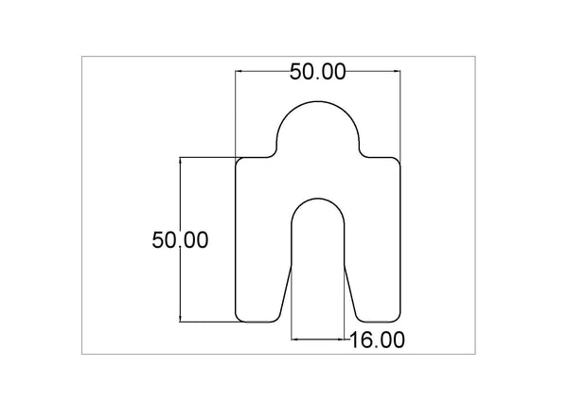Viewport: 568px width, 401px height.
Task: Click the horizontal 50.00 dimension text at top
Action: pos(317,72)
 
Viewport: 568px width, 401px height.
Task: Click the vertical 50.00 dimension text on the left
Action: pos(180,240)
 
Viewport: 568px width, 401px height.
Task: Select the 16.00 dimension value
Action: pos(378,340)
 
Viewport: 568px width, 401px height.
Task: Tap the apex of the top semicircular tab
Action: pos(317,101)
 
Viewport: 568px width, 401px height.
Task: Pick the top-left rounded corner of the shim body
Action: pos(239,161)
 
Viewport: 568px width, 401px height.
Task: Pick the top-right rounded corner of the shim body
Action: pos(397,161)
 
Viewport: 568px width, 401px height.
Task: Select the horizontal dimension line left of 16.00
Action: pos(317,337)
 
